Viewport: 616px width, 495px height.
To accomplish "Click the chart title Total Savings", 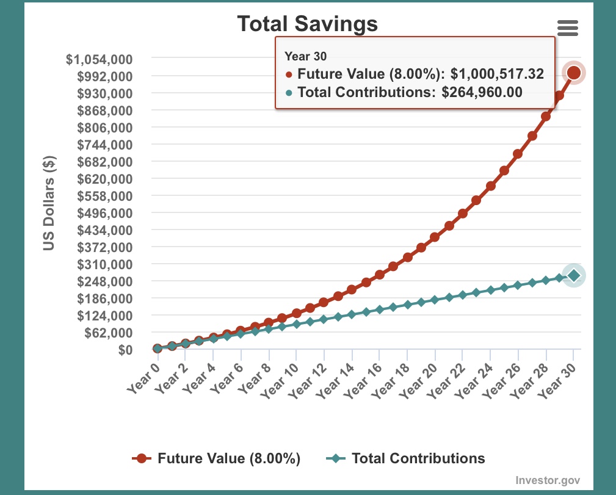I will (307, 24).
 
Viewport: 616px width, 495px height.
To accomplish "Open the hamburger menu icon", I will (568, 27).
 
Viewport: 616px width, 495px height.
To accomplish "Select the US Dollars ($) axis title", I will (49, 203).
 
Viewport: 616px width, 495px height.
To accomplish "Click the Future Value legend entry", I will (217, 458).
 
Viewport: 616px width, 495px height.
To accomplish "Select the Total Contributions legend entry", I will (405, 458).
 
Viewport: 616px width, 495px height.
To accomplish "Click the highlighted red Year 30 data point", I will (574, 73).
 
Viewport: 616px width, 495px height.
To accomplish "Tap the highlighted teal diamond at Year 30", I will (574, 276).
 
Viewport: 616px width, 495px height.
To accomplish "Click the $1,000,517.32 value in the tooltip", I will (497, 74).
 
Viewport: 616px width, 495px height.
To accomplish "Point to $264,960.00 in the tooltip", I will (482, 93).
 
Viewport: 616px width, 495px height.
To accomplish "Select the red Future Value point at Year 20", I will (435, 237).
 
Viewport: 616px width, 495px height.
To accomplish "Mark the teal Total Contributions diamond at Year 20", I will (435, 300).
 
